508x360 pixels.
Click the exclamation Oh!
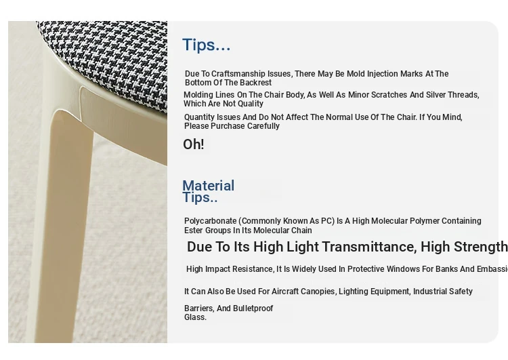point(194,144)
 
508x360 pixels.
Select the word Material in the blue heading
point(209,186)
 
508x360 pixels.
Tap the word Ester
point(192,231)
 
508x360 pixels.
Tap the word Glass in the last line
point(194,317)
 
